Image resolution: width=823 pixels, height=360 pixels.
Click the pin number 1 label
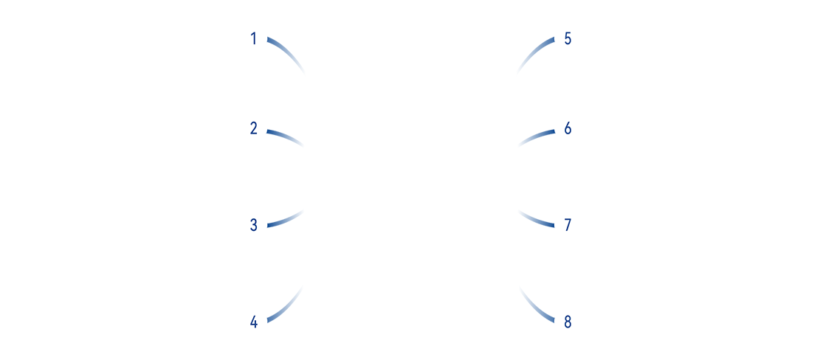(253, 39)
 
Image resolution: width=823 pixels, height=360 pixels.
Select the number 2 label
(253, 129)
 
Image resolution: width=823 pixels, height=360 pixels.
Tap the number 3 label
(253, 226)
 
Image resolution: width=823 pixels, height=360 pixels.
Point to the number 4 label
(253, 322)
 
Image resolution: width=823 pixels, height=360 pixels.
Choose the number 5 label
(568, 39)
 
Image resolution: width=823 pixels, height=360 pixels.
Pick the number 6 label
(568, 129)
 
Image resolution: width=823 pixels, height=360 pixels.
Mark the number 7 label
(568, 226)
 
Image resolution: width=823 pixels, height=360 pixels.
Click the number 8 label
(568, 322)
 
